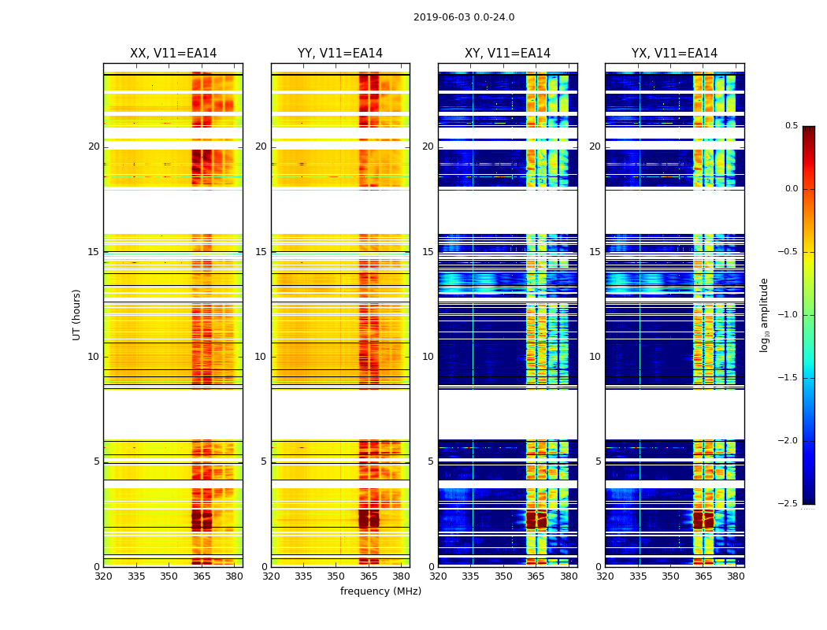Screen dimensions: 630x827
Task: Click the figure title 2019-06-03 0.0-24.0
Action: click(464, 17)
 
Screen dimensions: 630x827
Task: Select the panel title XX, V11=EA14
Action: click(173, 54)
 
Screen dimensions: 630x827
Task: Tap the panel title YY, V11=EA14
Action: click(340, 54)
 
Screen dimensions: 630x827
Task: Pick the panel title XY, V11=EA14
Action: click(507, 54)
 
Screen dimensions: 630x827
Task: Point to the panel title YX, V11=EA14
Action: click(674, 54)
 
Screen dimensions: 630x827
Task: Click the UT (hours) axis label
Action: click(76, 314)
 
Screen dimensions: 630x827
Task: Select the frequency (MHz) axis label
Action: click(380, 591)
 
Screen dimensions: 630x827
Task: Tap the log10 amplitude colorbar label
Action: click(764, 315)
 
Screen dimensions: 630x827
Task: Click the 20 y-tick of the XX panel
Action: click(94, 146)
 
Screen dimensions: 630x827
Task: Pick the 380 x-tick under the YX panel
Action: click(736, 577)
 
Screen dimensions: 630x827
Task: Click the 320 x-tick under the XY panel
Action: click(438, 577)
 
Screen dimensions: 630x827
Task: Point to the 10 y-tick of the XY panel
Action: click(428, 357)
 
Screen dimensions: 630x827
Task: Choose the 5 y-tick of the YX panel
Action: click(598, 461)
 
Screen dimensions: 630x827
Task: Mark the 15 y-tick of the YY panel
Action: click(261, 252)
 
